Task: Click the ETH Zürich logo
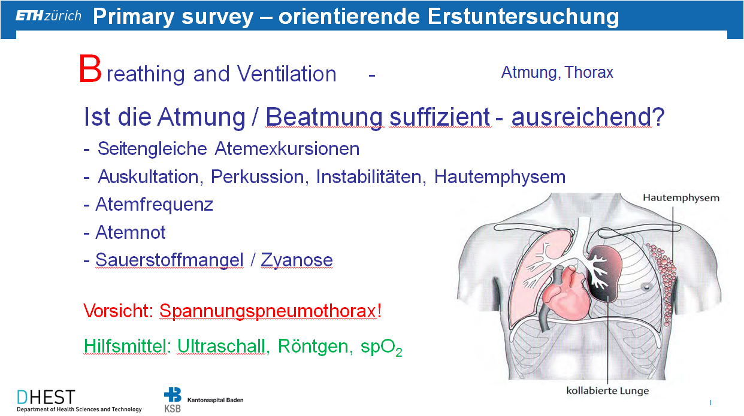(49, 16)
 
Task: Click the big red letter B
(90, 69)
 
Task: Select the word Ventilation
(287, 74)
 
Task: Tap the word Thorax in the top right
(589, 72)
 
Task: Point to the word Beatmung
(325, 117)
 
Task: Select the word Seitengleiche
(152, 148)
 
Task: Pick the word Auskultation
(149, 177)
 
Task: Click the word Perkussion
(258, 177)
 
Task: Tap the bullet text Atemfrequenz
(154, 204)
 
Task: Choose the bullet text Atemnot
(130, 232)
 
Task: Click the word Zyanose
(297, 260)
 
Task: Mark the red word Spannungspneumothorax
(268, 311)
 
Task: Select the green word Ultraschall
(221, 347)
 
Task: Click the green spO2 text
(382, 347)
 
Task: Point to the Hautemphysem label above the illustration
(681, 198)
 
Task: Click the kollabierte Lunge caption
(607, 390)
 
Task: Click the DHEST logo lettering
(46, 397)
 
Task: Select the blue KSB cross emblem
(173, 395)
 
